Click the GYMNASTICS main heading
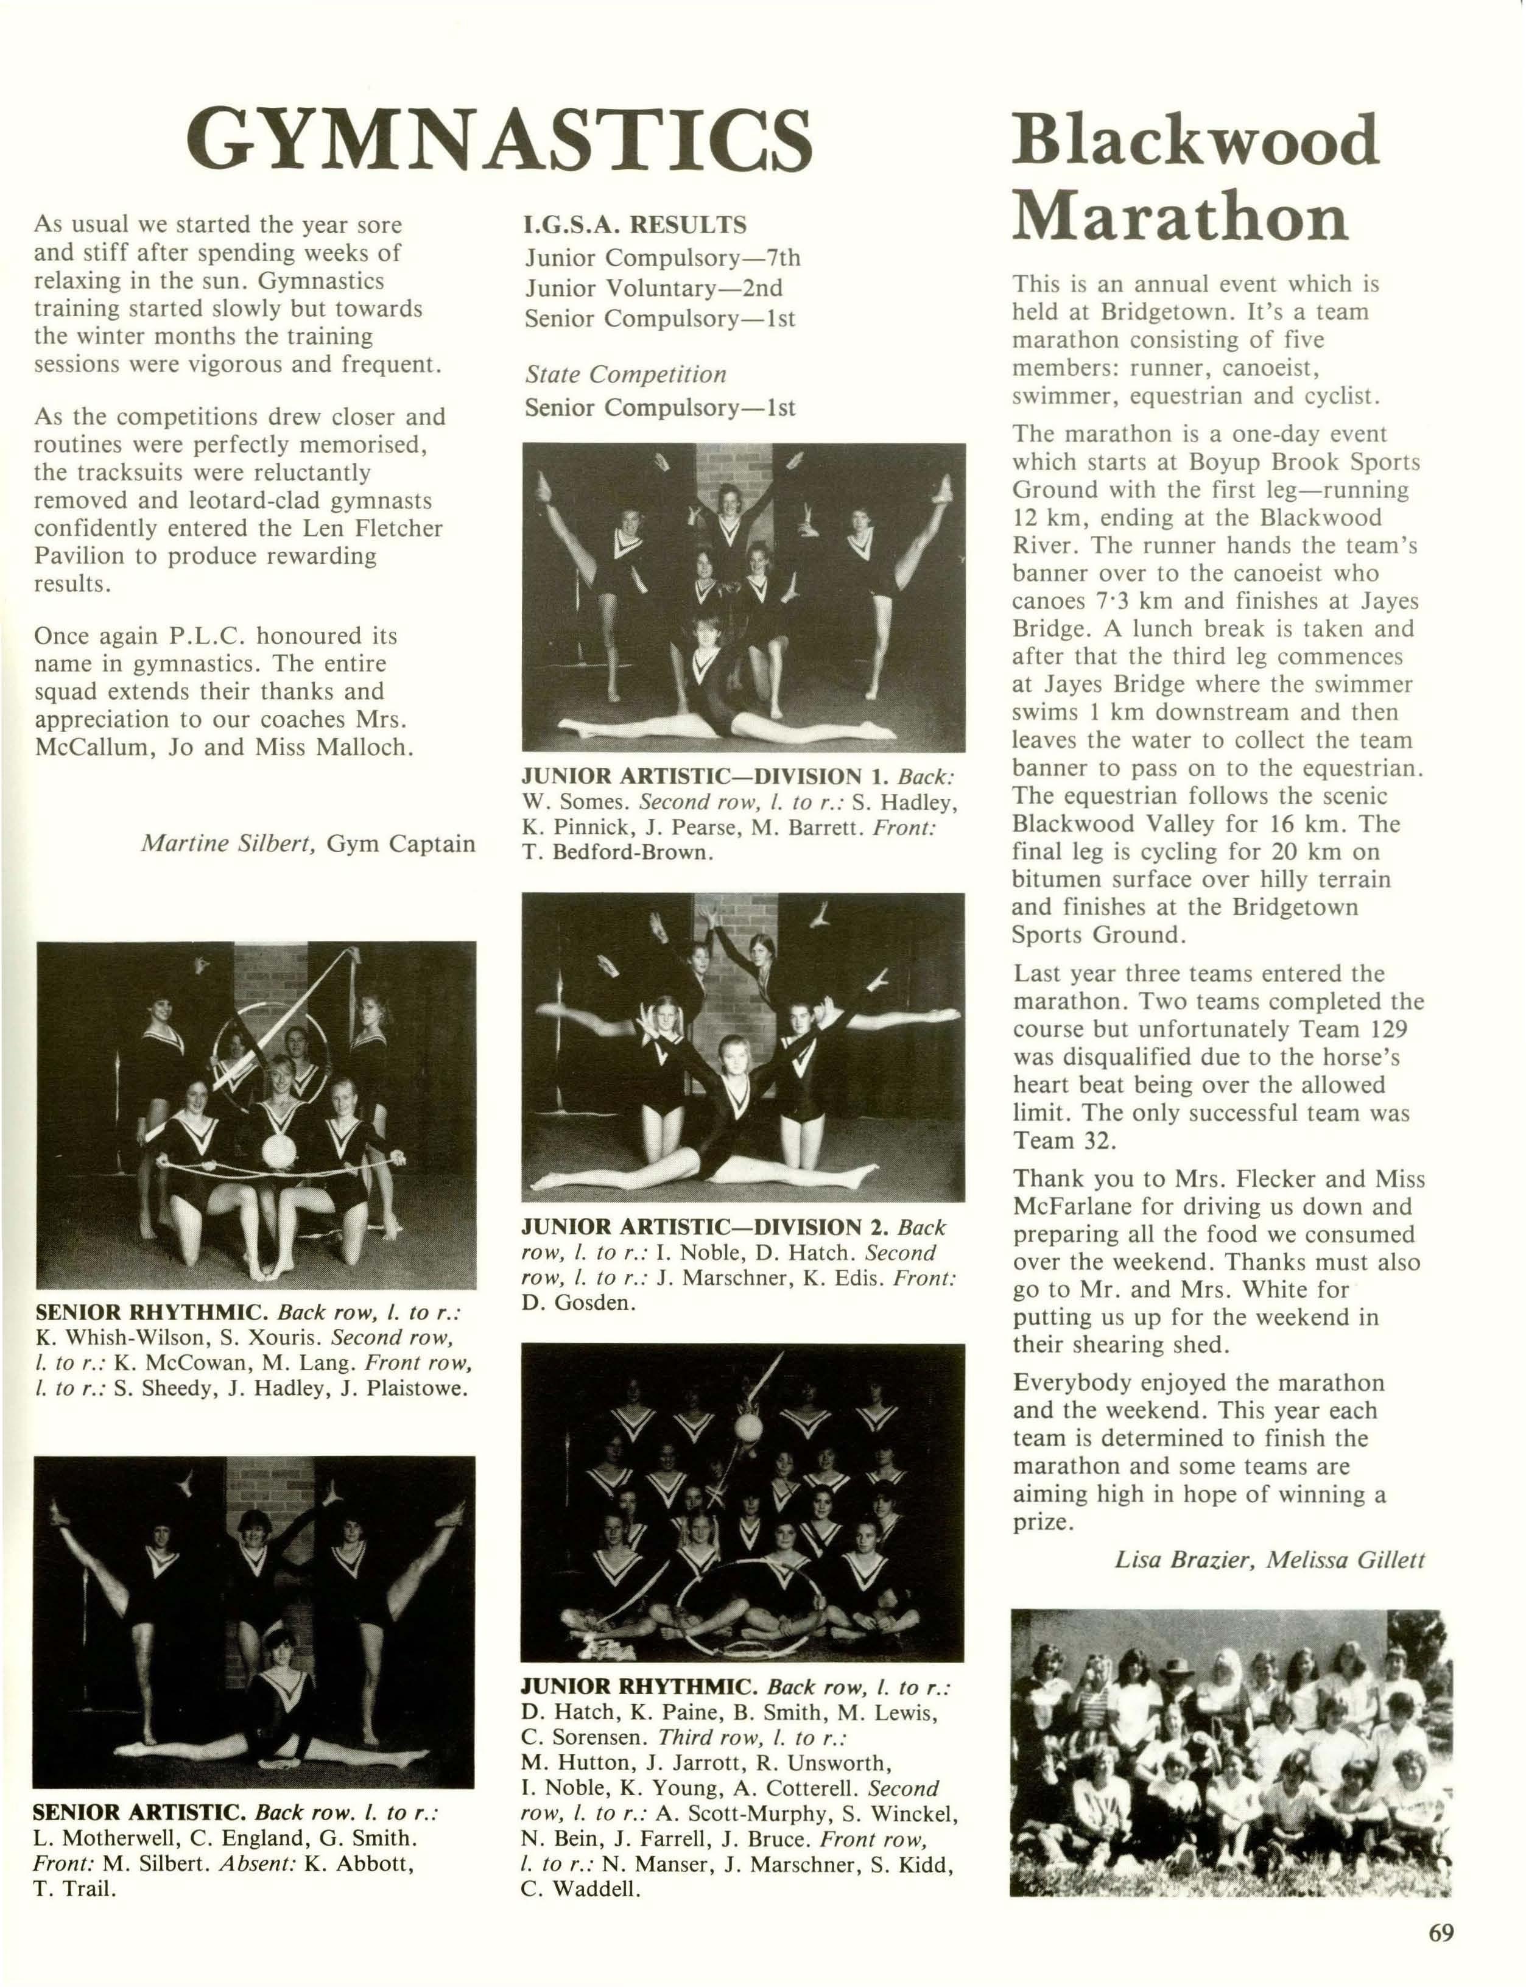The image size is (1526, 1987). [499, 139]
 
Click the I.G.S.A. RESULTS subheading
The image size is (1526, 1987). [636, 224]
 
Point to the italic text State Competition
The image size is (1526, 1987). [626, 374]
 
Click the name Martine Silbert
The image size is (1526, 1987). [228, 843]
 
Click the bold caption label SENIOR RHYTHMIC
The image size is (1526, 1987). [149, 1312]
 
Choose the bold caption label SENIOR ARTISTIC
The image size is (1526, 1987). [139, 1812]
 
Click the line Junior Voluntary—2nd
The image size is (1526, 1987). [653, 289]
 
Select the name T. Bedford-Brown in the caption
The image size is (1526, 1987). [617, 853]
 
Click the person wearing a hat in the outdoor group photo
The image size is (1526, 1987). [1179, 1670]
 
